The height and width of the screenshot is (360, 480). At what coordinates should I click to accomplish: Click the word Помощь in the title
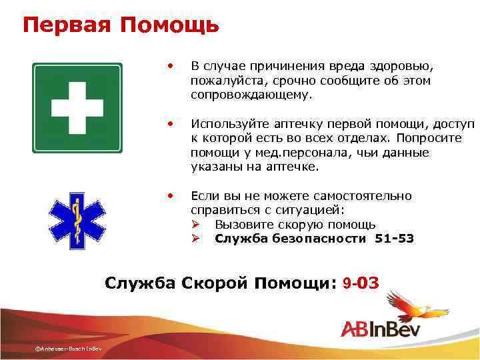[170, 25]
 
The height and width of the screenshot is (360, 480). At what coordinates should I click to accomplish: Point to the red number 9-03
[360, 283]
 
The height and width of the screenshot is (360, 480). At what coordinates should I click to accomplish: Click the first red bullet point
[171, 66]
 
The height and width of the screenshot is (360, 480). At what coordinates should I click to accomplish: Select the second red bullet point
[171, 124]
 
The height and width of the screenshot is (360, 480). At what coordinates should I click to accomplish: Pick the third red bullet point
[171, 195]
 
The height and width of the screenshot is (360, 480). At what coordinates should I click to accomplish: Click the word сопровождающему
[251, 95]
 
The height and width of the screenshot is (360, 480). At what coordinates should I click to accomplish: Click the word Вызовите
[243, 224]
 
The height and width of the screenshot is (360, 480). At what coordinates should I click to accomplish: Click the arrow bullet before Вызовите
[197, 224]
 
